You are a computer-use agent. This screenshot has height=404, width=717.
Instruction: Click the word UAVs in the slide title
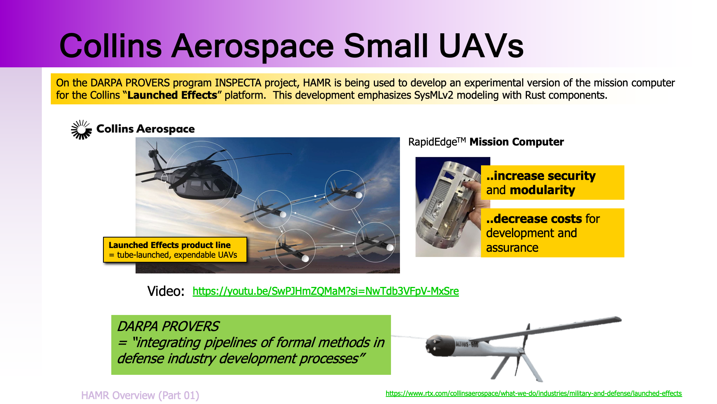pos(481,46)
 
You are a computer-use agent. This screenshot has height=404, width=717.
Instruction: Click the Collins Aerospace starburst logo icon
pos(81,130)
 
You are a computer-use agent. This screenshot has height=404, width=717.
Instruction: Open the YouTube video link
pos(326,291)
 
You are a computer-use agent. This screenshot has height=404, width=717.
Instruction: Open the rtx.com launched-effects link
pos(534,394)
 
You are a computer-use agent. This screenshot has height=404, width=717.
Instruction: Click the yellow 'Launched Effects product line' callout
pos(175,250)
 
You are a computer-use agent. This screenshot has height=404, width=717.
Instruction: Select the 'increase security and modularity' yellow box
pos(553,183)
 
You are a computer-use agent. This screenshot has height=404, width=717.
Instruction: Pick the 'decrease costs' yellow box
pos(553,233)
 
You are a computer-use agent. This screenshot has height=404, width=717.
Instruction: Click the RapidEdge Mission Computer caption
pos(486,142)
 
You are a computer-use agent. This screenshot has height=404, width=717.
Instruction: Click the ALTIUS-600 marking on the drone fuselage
pos(467,344)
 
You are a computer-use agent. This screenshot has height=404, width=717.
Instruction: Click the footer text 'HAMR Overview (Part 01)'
pos(140,395)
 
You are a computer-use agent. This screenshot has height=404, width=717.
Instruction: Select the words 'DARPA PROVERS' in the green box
pos(168,327)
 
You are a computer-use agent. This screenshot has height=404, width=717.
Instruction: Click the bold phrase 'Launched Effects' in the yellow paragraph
pos(172,95)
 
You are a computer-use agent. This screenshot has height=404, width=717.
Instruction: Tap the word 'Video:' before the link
pos(166,291)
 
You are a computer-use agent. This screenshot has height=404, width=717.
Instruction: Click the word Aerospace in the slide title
pos(252,46)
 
